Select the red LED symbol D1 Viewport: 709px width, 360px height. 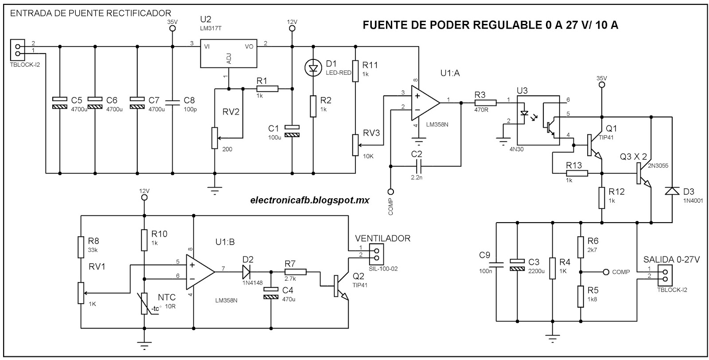coord(314,68)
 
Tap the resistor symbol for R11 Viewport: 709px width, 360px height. coord(355,71)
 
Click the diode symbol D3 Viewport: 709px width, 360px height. coord(672,191)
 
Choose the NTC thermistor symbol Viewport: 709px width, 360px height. coord(144,303)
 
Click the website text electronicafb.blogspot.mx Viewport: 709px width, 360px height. coord(310,200)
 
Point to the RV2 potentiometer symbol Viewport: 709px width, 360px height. coord(214,138)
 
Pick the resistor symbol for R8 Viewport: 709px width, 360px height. coord(81,247)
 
